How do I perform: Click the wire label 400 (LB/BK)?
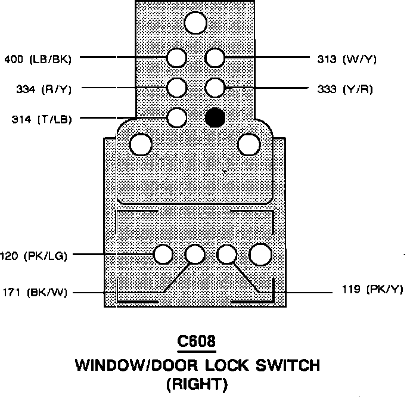click(38, 58)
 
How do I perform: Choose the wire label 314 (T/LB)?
click(42, 119)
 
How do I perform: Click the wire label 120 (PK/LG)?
click(33, 256)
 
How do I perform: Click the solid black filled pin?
click(215, 117)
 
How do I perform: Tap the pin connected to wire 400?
click(176, 58)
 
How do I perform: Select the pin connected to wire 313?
click(215, 58)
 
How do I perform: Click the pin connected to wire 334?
click(176, 88)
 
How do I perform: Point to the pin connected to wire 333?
click(215, 88)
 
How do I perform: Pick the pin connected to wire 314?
click(176, 117)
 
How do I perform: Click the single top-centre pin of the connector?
click(195, 23)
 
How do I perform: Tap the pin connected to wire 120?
click(163, 255)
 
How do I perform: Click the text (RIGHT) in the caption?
click(196, 384)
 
